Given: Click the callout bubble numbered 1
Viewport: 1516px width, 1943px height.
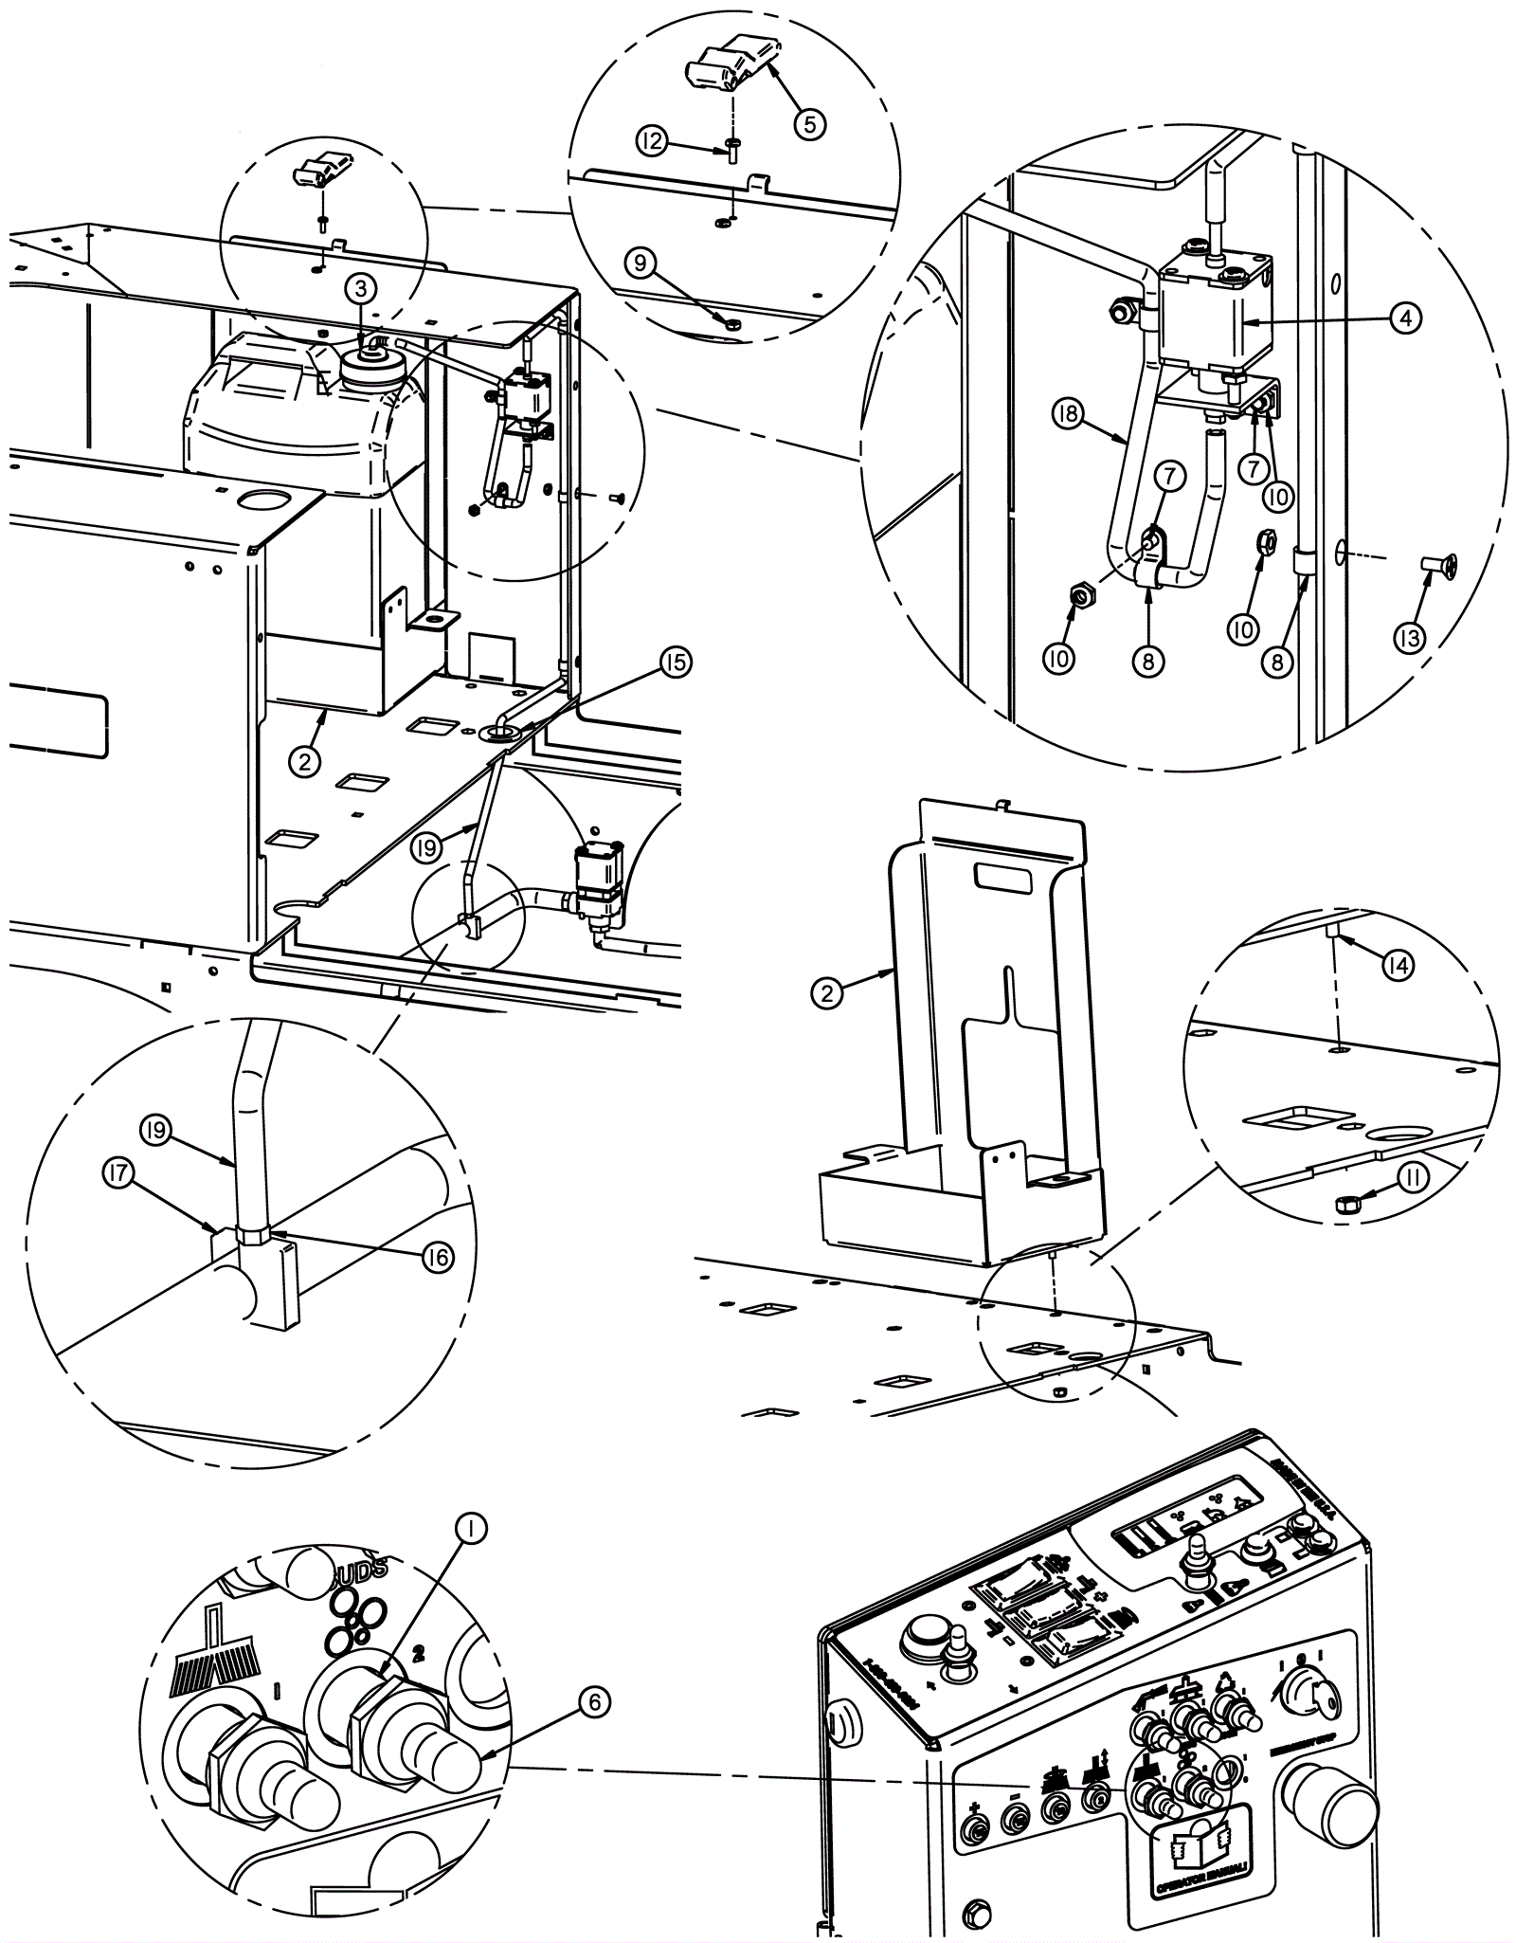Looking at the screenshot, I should [471, 1527].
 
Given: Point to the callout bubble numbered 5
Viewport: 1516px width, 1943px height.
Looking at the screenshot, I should [809, 123].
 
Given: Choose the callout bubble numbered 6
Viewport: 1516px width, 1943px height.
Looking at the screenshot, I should [593, 1702].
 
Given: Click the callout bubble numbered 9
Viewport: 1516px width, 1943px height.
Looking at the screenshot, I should [641, 262].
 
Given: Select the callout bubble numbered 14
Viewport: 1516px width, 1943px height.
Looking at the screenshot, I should [1398, 966].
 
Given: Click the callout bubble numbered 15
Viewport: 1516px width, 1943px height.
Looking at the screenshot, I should [676, 663].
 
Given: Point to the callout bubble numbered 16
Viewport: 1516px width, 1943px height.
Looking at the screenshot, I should [438, 1258].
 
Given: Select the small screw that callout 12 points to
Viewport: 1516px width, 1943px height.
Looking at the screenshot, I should [733, 152].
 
